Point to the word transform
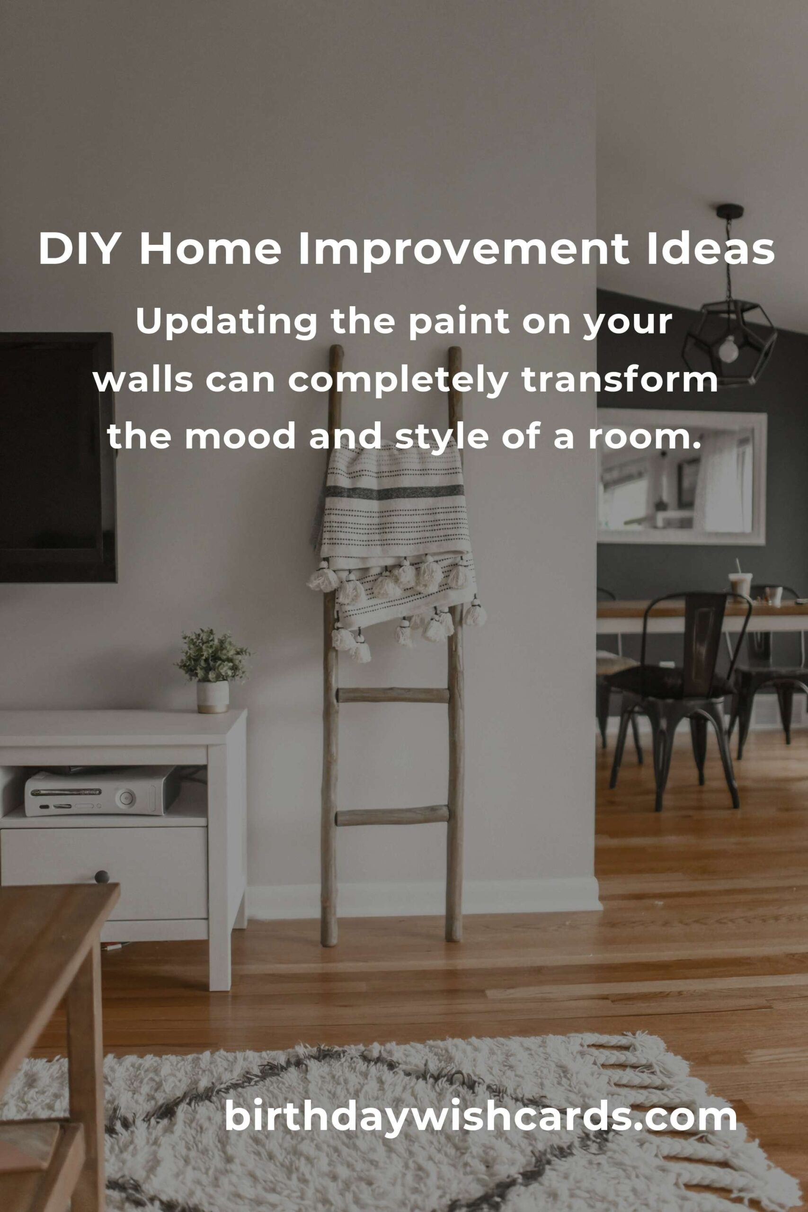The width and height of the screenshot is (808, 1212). [x=620, y=380]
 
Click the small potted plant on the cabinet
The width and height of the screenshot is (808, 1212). [x=213, y=669]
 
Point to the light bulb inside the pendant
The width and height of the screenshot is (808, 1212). [x=728, y=349]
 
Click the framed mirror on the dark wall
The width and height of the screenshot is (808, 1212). [x=681, y=477]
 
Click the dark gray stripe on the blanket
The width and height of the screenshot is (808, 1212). [x=394, y=492]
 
